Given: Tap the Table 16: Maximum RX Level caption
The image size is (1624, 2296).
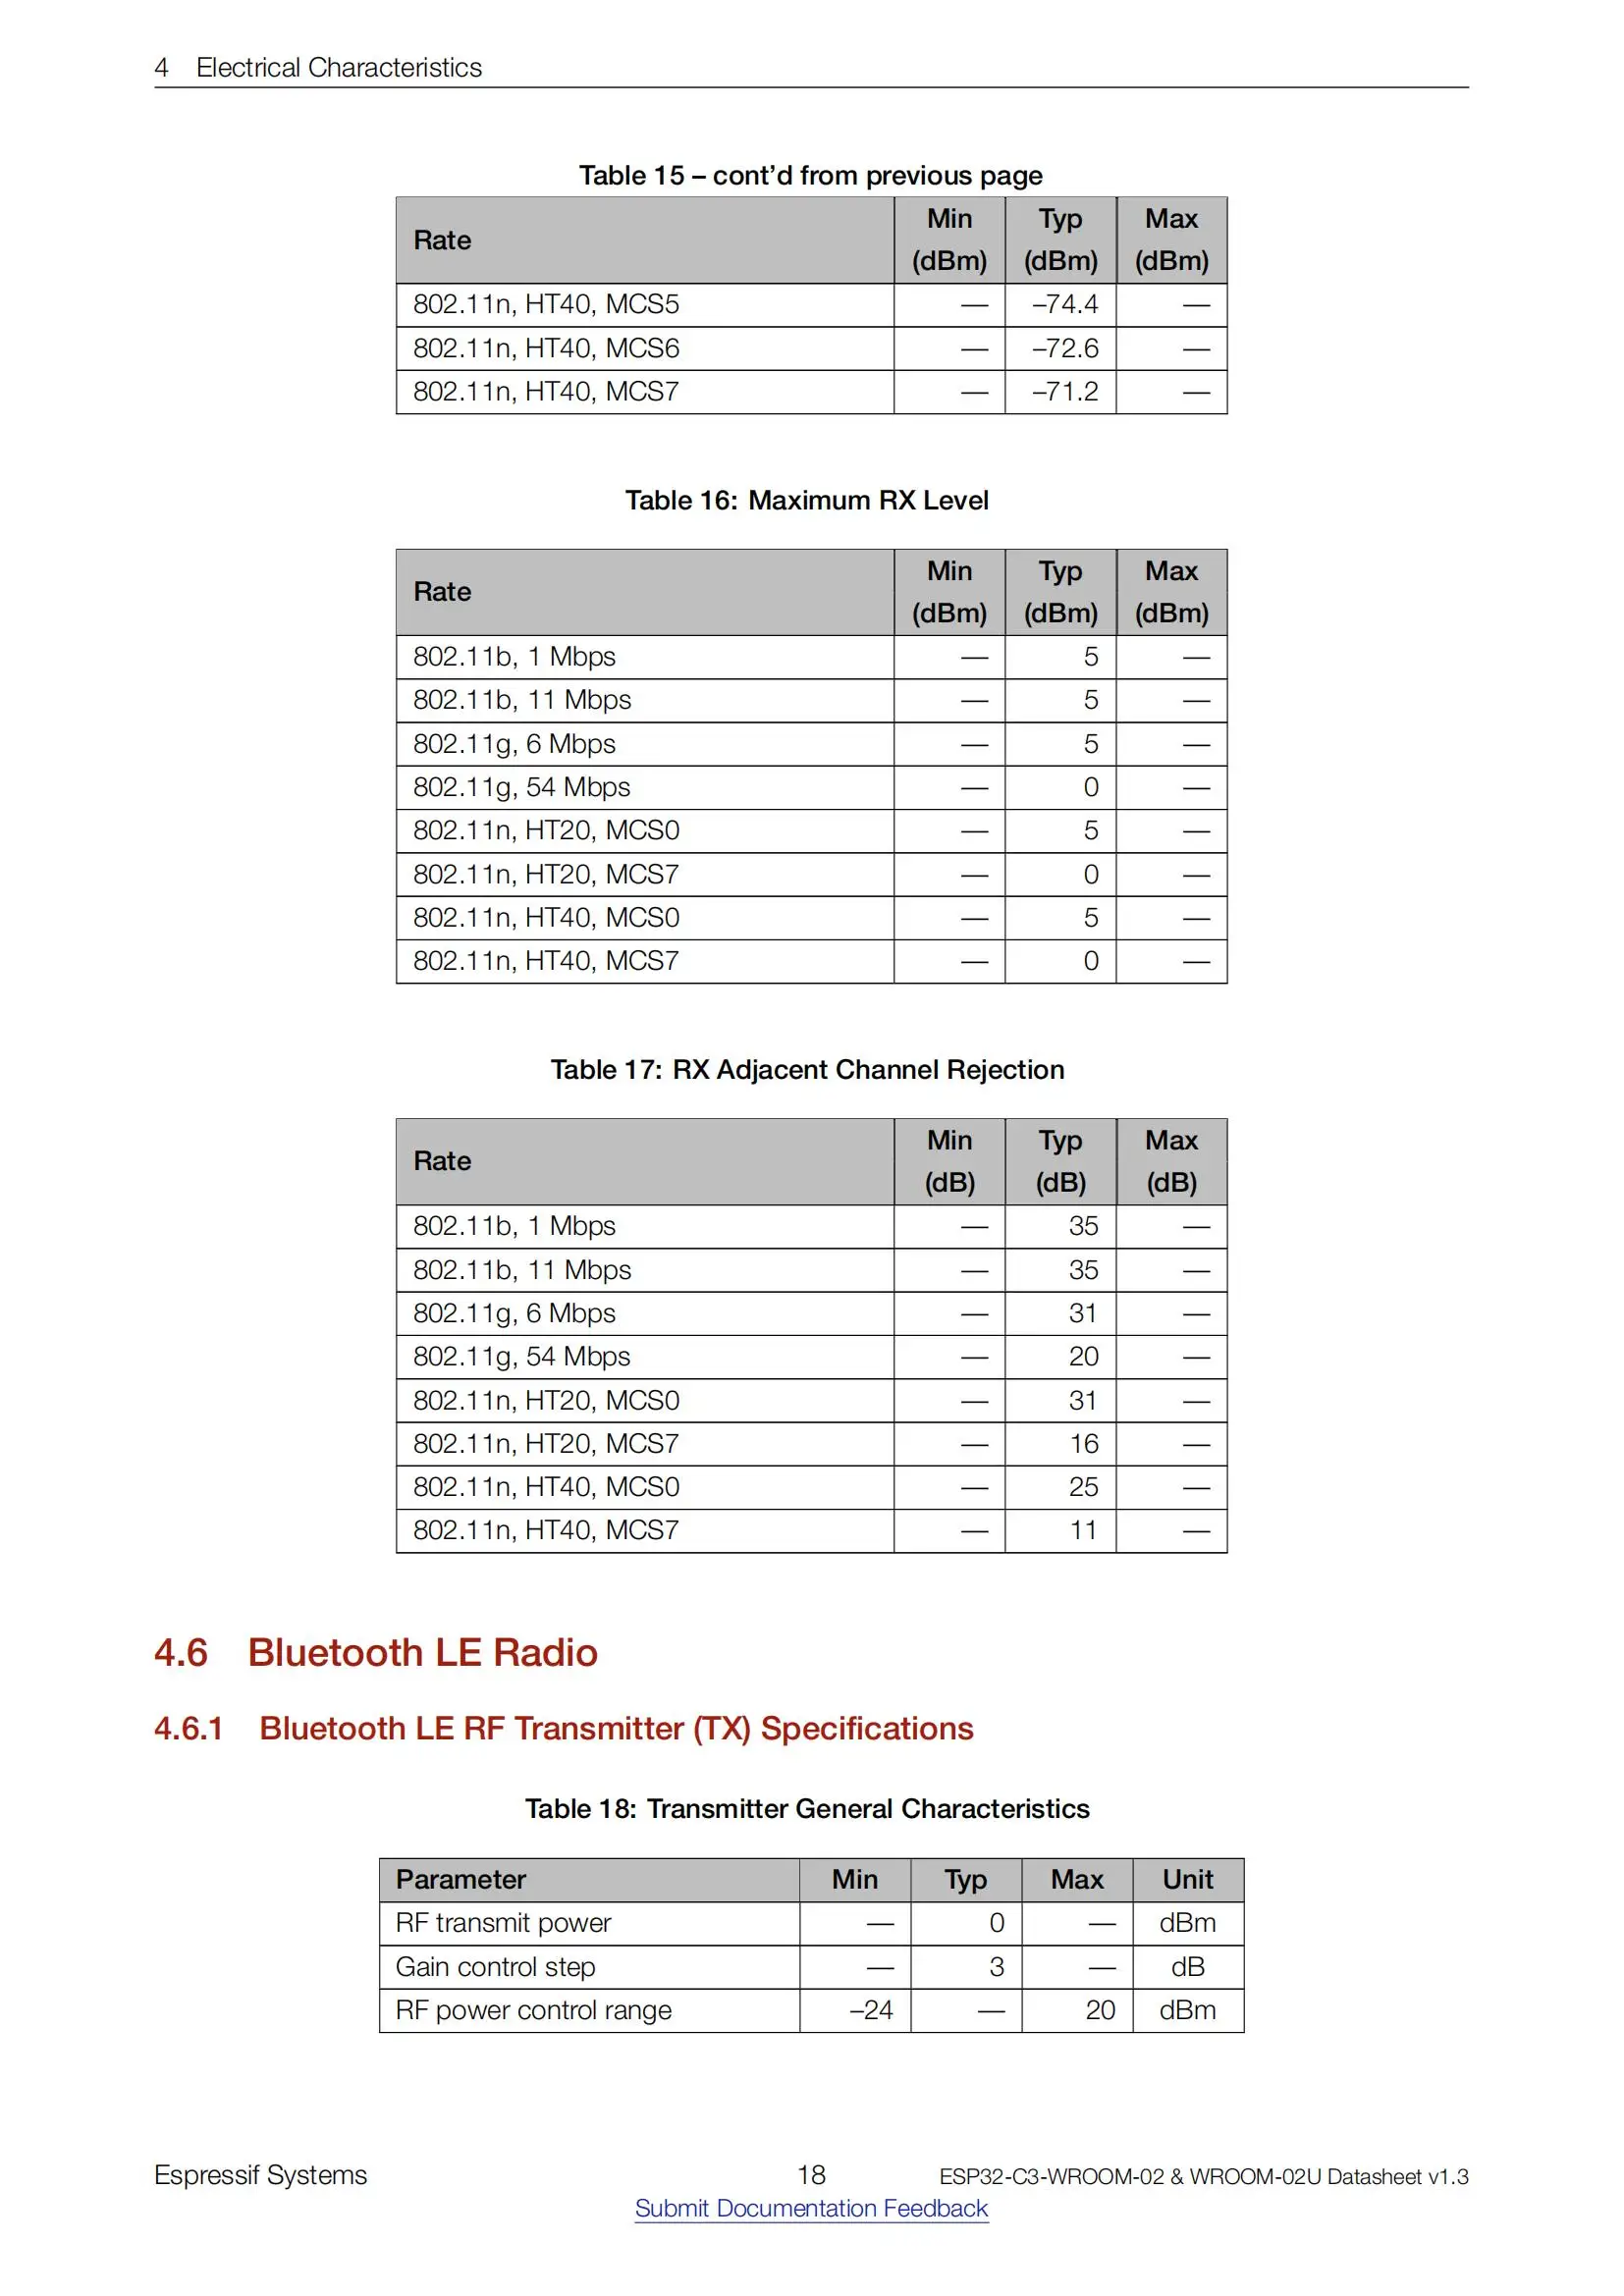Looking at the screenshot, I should [807, 500].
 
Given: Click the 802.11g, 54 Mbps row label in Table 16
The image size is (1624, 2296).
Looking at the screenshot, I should [521, 787].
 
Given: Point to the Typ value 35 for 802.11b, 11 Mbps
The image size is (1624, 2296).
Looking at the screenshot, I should [1083, 1270].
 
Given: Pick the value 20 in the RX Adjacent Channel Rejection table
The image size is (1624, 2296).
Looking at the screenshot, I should [1083, 1357].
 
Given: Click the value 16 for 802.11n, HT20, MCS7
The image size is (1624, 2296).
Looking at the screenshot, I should [1083, 1444].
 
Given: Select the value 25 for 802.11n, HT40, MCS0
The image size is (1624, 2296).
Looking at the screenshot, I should [1083, 1487].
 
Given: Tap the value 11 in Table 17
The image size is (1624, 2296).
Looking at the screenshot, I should [1083, 1530].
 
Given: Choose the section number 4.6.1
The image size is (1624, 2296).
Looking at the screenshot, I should [188, 1729].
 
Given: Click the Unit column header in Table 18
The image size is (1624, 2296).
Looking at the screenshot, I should [1187, 1880].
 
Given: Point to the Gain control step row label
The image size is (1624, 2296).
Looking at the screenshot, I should [495, 1967].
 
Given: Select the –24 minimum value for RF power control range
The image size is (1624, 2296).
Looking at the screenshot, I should [870, 2010].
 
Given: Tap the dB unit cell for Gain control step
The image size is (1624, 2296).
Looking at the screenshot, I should [1187, 1967].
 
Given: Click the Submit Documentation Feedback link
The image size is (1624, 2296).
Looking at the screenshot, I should [811, 2208].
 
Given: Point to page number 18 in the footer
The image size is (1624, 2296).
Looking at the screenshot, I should [811, 2175].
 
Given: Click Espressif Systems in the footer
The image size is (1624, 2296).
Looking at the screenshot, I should [260, 2175].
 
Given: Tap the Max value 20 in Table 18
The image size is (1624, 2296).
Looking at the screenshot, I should [1100, 2010].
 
